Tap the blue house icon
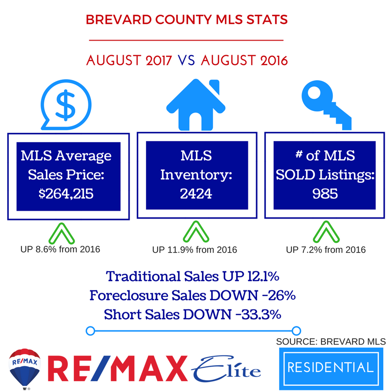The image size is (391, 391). click(196, 105)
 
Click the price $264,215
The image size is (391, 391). click(66, 194)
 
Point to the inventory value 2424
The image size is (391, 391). click(196, 194)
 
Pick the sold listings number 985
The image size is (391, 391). click(325, 194)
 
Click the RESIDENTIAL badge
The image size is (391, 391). click(331, 368)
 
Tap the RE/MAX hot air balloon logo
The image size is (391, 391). click(24, 369)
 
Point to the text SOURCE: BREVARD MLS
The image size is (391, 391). click(331, 341)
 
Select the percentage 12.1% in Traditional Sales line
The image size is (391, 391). click(263, 276)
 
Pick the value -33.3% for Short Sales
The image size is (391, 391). click(259, 314)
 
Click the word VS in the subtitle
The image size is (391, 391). click(186, 61)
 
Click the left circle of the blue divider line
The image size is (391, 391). click(90, 331)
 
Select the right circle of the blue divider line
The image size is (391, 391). click(297, 331)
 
